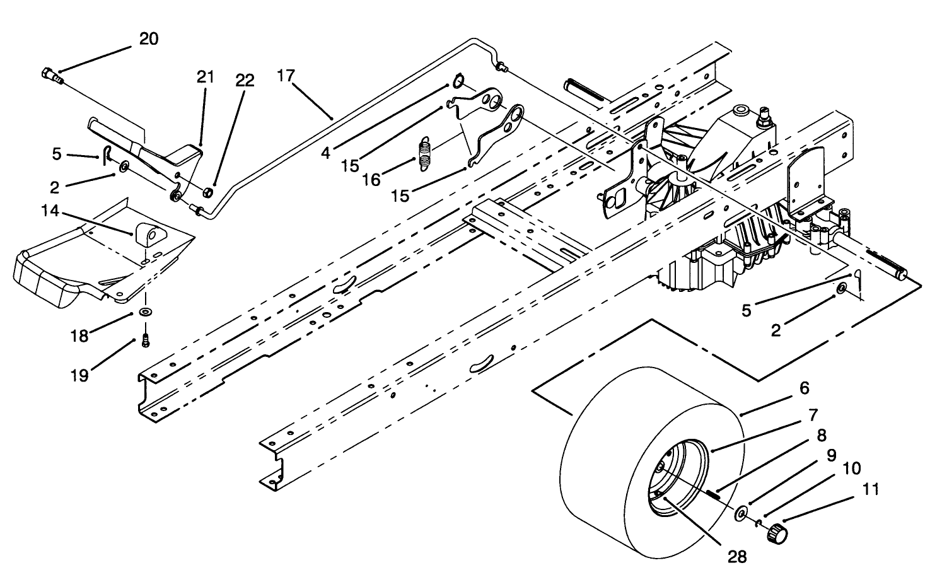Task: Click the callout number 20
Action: click(x=149, y=38)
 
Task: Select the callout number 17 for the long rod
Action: click(x=286, y=76)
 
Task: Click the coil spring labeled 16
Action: click(x=426, y=154)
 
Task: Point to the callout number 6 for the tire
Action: click(x=804, y=388)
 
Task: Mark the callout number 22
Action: click(x=245, y=80)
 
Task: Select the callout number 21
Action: click(x=206, y=77)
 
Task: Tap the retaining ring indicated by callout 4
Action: click(x=457, y=82)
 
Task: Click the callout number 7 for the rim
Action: click(x=814, y=415)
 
